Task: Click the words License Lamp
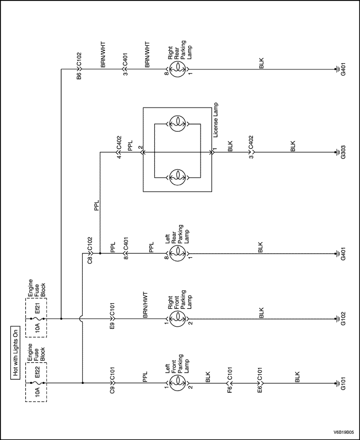click(x=215, y=119)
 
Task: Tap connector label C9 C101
click(x=113, y=377)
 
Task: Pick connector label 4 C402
click(x=119, y=147)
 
